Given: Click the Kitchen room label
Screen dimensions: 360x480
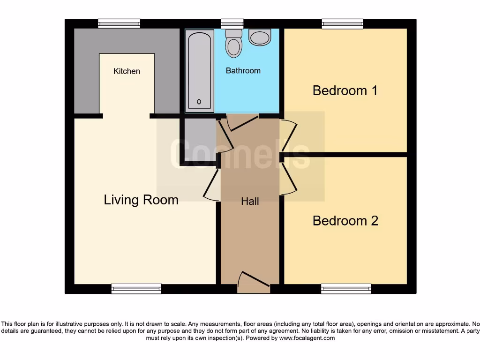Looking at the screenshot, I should point(127,71).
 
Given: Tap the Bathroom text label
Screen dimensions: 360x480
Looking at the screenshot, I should point(243,71).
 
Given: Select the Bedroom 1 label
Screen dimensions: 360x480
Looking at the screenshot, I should point(345,90).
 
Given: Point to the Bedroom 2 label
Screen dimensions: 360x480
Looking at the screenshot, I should point(345,220).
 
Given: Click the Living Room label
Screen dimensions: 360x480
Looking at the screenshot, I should point(141,200).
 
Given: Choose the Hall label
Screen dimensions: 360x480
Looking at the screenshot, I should point(250,201).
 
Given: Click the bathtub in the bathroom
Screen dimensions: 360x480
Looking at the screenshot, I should point(199,70).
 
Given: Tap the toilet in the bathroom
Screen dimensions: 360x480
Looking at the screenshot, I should point(233,43).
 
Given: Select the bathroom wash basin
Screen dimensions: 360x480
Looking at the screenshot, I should point(260,37).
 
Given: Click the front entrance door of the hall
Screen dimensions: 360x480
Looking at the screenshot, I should point(254,283).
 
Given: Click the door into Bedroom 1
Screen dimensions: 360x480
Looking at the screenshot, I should point(288,136).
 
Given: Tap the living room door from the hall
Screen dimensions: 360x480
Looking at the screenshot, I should point(212,185).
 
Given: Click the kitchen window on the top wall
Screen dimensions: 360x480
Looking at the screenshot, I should point(119,23).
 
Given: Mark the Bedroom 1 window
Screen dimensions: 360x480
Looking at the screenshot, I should point(342,23).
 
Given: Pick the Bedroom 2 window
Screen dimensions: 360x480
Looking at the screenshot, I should point(346,289).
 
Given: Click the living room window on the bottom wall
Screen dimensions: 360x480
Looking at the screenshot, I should point(136,289).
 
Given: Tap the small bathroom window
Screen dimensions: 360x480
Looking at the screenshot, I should point(232,23).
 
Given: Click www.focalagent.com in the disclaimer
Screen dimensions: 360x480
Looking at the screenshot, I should point(307,338).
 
